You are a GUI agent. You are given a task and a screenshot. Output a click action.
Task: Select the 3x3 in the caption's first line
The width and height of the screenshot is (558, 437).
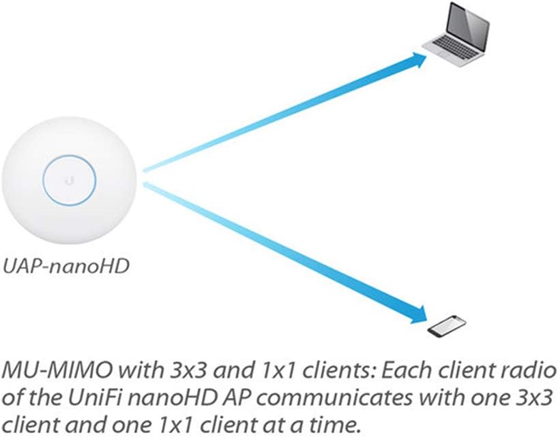pos(181,372)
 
